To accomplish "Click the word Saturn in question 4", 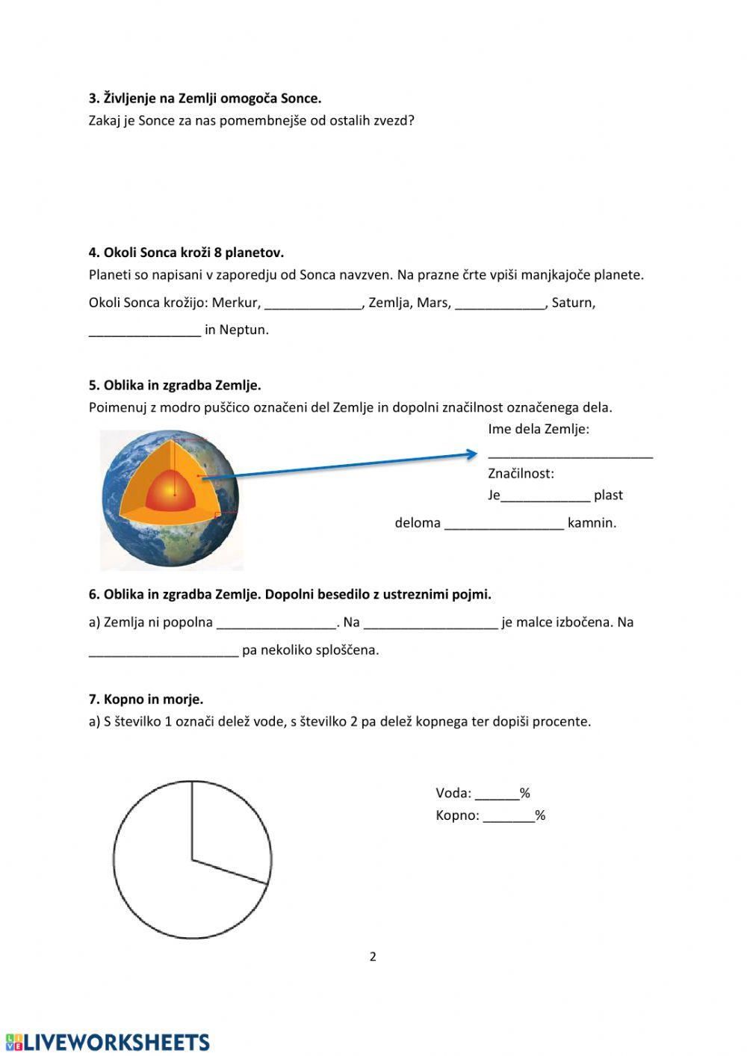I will tap(573, 303).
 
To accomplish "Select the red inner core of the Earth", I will tap(174, 493).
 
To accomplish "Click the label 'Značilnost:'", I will tap(521, 473).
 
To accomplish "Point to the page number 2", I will tap(373, 957).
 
